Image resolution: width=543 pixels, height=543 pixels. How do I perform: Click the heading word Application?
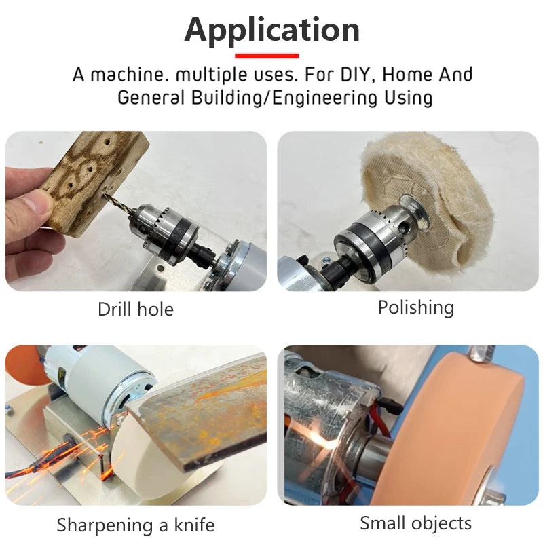[271, 30]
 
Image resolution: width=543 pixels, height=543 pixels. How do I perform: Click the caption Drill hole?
[136, 310]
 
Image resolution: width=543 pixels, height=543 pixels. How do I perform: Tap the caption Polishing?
[415, 307]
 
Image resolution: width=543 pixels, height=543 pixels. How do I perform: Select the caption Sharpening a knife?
[136, 525]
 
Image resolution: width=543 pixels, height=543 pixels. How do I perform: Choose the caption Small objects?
[415, 523]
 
